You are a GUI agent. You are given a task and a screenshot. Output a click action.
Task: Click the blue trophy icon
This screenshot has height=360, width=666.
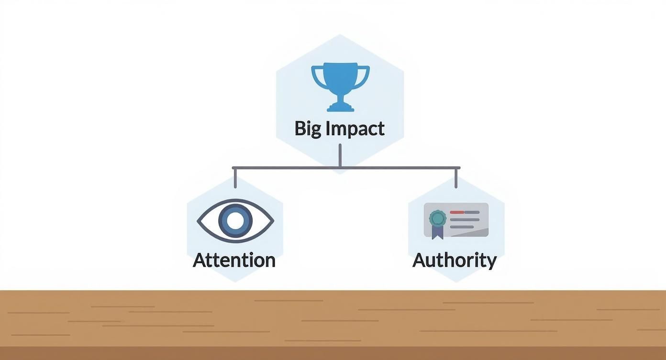click(x=341, y=87)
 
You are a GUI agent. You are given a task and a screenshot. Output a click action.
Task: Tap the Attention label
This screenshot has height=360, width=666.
click(x=234, y=260)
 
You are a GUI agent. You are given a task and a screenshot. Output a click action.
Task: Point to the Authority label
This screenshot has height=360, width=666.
click(x=455, y=261)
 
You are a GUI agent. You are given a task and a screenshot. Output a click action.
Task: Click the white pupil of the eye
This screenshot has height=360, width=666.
click(x=235, y=221)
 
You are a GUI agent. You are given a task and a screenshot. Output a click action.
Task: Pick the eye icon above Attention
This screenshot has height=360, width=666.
click(x=235, y=221)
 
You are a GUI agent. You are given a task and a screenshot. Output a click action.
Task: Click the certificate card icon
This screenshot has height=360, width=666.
click(x=456, y=221)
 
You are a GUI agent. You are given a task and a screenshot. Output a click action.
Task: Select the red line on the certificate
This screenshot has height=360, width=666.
click(x=457, y=212)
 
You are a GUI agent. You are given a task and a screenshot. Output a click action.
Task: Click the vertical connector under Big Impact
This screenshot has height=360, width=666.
click(x=340, y=155)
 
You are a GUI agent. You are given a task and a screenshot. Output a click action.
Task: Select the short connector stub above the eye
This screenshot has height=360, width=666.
click(x=235, y=178)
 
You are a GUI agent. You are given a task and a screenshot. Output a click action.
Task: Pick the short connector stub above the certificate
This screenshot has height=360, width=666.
click(x=456, y=178)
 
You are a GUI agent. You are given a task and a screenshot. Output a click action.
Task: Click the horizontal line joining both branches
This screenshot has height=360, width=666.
click(x=346, y=168)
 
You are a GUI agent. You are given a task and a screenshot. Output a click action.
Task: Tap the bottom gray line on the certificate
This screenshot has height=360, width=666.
click(x=462, y=227)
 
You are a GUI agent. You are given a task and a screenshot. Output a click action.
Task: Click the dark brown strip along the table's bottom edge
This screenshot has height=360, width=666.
click(x=333, y=353)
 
